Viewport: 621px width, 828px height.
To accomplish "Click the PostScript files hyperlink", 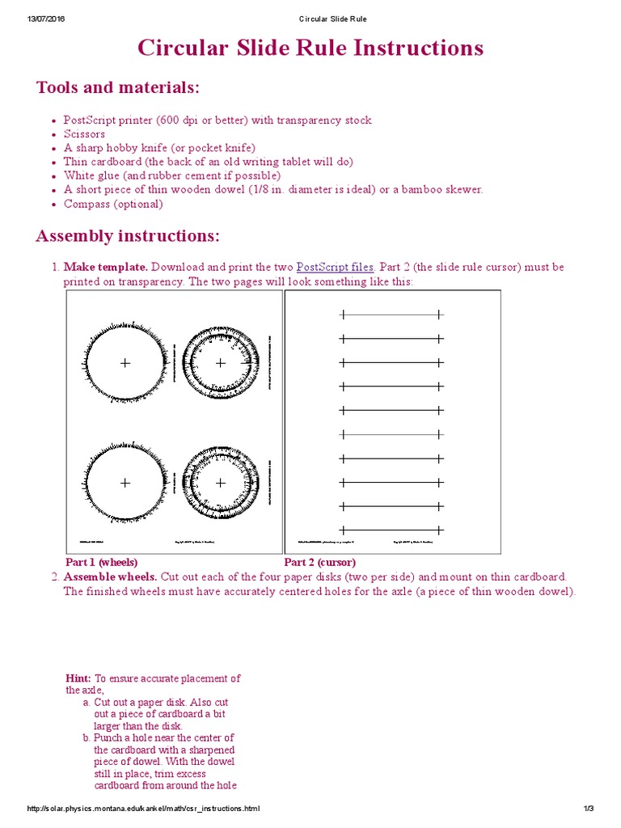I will pyautogui.click(x=335, y=267).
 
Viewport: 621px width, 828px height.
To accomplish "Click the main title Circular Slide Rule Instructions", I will pyautogui.click(x=310, y=49).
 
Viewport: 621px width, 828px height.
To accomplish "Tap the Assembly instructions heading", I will pyautogui.click(x=127, y=236).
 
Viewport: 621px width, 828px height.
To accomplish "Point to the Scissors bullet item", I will pyautogui.click(x=84, y=134).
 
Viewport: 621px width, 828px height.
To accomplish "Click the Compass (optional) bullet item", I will pyautogui.click(x=113, y=204).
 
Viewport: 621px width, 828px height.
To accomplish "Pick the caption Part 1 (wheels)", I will pyautogui.click(x=101, y=562).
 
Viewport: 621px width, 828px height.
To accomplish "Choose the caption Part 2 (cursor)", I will pyautogui.click(x=320, y=562).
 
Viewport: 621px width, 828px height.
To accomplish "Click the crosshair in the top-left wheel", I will pyautogui.click(x=125, y=363).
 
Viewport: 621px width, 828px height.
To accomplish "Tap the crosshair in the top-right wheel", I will pyautogui.click(x=221, y=363).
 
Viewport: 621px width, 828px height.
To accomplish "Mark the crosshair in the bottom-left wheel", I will pyautogui.click(x=125, y=483).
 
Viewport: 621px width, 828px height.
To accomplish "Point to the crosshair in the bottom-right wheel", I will pyautogui.click(x=221, y=483).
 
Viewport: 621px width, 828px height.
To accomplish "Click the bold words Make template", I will pyautogui.click(x=105, y=267).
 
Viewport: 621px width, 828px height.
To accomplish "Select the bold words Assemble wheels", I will pyautogui.click(x=110, y=577).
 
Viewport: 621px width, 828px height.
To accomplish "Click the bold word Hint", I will pyautogui.click(x=78, y=678).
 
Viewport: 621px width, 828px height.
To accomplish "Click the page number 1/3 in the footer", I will pyautogui.click(x=588, y=809).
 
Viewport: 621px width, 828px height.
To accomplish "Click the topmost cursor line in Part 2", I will pyautogui.click(x=391, y=314).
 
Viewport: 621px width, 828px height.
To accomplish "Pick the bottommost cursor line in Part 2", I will pyautogui.click(x=391, y=530).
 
